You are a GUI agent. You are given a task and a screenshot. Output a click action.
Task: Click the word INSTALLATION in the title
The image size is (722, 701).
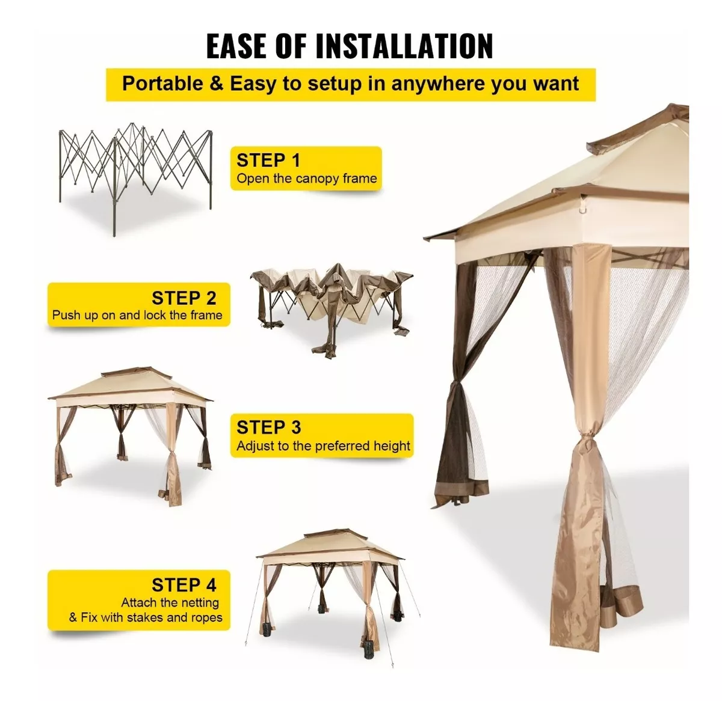coord(404,46)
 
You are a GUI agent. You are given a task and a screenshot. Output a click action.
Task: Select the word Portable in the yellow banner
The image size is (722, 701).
coord(163,83)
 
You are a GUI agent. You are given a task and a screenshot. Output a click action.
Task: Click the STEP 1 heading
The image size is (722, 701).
coord(268,161)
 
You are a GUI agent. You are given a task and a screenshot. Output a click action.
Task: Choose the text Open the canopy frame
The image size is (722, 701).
coord(307,179)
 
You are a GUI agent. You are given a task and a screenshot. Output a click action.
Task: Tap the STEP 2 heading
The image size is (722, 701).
coord(184,298)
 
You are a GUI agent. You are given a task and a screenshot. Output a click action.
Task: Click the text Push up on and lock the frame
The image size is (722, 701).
coord(137,315)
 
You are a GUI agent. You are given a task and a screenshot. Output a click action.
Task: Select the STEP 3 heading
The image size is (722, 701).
coord(269,427)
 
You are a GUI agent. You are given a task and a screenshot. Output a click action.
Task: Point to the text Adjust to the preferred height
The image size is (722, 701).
coord(324,445)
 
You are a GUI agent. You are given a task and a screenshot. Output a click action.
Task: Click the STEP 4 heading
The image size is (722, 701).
coord(184,585)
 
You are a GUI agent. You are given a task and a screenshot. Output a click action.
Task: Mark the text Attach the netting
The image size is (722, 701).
coord(170,603)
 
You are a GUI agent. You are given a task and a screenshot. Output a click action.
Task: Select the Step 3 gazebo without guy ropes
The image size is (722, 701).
coord(130,436)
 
